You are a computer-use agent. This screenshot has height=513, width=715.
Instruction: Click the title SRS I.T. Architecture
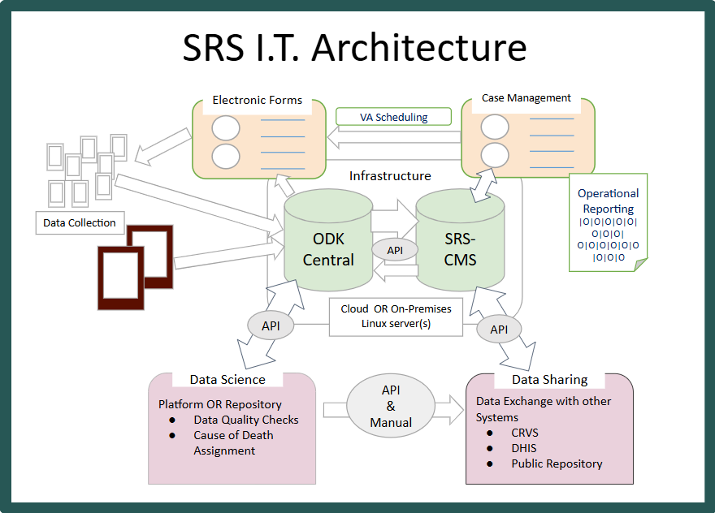[355, 48]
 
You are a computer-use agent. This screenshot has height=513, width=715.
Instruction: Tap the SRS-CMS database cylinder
[460, 244]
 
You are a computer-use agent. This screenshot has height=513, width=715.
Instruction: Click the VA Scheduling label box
[393, 117]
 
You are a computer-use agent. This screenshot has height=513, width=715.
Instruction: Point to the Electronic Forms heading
[257, 101]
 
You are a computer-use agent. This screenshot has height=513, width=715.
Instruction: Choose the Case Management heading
[526, 98]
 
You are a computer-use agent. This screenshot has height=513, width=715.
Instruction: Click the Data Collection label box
[80, 222]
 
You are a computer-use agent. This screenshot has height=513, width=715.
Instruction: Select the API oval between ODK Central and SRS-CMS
[394, 250]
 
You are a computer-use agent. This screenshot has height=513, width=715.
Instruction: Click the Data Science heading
[227, 379]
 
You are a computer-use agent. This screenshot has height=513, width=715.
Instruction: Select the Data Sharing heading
[549, 380]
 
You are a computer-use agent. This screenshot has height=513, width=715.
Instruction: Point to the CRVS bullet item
[525, 433]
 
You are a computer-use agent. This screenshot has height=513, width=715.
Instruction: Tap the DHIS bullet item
[523, 448]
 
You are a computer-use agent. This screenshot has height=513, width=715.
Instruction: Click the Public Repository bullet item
[557, 463]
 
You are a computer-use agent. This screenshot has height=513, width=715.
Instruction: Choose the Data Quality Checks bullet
[245, 420]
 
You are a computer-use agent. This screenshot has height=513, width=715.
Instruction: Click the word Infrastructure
[390, 175]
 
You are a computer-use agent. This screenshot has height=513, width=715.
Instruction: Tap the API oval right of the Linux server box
[499, 329]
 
